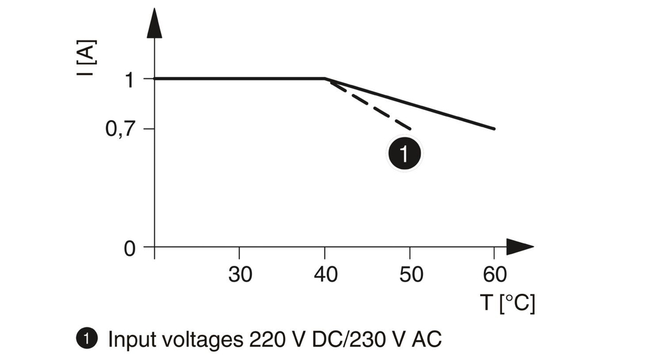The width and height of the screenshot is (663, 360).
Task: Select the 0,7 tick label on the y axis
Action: (x=121, y=129)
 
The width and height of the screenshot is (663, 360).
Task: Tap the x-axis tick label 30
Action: (x=239, y=273)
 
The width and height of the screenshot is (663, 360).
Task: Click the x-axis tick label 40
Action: (x=325, y=273)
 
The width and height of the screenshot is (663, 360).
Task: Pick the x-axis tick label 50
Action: (x=411, y=273)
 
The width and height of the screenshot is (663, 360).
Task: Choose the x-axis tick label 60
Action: (x=495, y=273)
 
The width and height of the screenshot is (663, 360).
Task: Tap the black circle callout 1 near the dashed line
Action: (x=404, y=154)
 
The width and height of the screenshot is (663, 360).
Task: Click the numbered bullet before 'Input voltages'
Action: (x=85, y=339)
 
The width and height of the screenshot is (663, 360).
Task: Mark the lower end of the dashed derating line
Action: (x=410, y=128)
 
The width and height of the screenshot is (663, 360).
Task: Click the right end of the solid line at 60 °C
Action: (x=495, y=129)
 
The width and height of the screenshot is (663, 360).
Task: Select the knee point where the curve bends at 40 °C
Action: (x=325, y=79)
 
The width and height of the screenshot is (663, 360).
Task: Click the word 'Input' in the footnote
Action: (x=130, y=340)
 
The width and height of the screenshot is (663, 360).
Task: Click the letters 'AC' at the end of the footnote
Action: (x=426, y=339)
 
